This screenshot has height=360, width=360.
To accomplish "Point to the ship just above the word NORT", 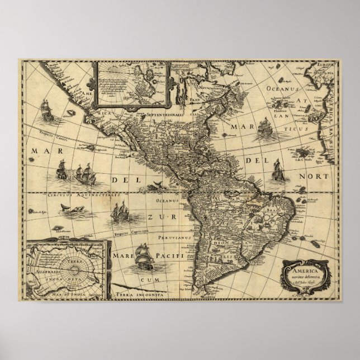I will [275, 167].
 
